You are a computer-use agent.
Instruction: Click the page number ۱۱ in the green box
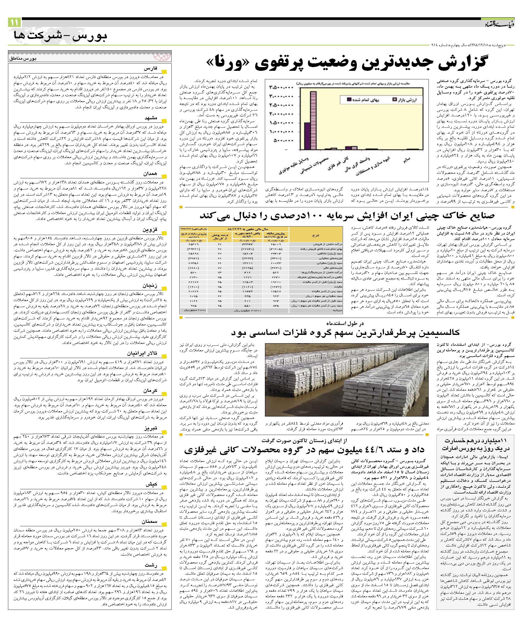[x=15, y=22]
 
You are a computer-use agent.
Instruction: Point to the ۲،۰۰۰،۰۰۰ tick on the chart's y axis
[x=282, y=114]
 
